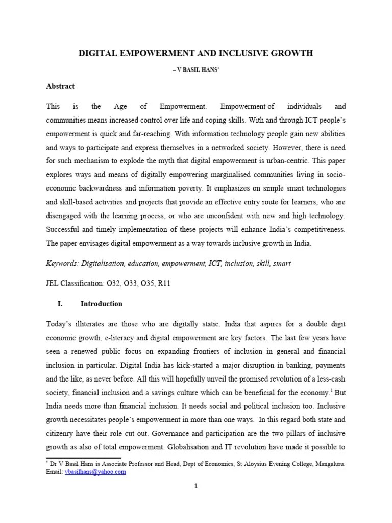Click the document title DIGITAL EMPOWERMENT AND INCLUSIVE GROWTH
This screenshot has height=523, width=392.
pyautogui.click(x=196, y=53)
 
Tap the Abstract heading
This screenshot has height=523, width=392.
pyautogui.click(x=60, y=86)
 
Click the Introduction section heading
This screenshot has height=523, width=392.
pyautogui.click(x=102, y=304)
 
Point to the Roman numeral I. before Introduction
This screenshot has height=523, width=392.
pyautogui.click(x=60, y=304)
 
